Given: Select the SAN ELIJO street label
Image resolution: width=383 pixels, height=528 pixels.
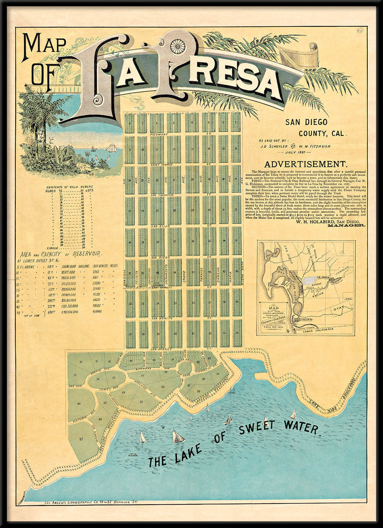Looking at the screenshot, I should tap(161, 225).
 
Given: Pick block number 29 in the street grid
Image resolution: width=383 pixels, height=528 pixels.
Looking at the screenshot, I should tap(211, 209).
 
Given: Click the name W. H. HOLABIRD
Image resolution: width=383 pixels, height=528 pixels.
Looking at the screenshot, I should tap(305, 221).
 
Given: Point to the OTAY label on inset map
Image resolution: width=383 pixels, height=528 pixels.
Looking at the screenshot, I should tap(338, 309).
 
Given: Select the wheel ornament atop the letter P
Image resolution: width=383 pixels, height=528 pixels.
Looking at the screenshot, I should tap(178, 46).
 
